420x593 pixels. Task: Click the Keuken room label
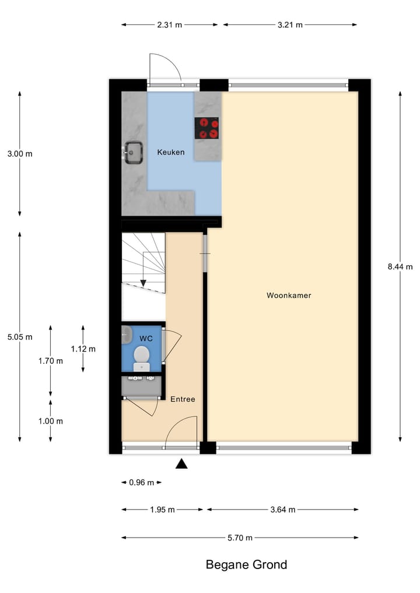click(171, 152)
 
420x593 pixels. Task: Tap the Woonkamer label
click(289, 296)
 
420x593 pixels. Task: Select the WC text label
click(145, 338)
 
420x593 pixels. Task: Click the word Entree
click(183, 399)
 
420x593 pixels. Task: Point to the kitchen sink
click(134, 153)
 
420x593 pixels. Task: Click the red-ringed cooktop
click(207, 128)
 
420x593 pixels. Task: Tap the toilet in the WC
click(142, 357)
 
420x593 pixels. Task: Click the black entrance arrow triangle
click(182, 464)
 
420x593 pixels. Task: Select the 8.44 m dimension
click(400, 267)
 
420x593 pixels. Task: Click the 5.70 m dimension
click(240, 538)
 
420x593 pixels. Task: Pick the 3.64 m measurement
click(283, 510)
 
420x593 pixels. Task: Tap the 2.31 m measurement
click(170, 24)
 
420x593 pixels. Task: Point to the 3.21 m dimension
click(290, 24)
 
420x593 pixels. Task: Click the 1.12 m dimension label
click(83, 349)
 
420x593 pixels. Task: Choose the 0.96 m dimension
click(141, 482)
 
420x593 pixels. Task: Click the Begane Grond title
click(246, 564)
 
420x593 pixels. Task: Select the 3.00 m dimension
click(20, 154)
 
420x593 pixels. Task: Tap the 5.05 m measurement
click(20, 337)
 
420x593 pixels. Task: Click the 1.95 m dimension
click(163, 510)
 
